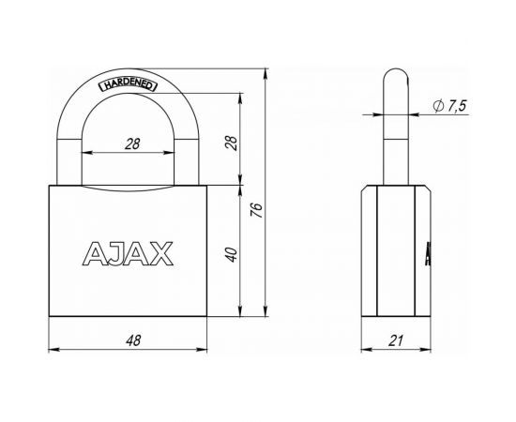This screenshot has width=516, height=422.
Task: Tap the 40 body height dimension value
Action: tap(231, 252)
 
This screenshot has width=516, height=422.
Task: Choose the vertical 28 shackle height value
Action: tap(231, 142)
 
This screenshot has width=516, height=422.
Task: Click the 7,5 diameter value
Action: tap(457, 108)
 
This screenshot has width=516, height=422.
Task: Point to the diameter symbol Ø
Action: tap(437, 108)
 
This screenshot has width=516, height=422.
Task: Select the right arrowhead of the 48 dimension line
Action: tap(202, 351)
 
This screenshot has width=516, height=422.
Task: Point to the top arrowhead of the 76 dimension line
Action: tap(269, 73)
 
